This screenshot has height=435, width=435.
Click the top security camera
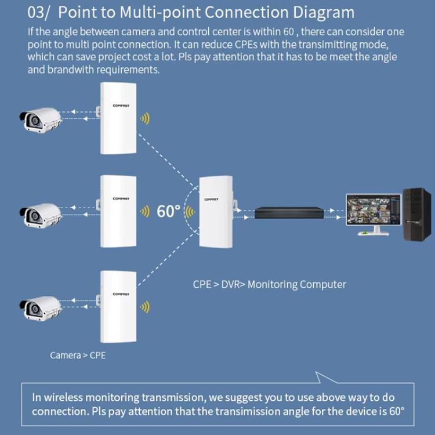[41, 119]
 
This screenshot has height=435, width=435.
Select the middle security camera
[41, 214]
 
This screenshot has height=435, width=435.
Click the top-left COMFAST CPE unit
[118, 118]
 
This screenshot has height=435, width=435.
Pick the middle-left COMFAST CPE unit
[118, 211]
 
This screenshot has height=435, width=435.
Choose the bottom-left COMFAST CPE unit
[118, 307]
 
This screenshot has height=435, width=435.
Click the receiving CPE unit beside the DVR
[215, 212]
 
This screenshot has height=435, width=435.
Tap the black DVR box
[289, 212]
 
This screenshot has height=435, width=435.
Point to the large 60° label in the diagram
[168, 212]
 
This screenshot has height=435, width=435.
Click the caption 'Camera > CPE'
[78, 355]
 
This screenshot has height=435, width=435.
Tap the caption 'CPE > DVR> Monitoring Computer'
[269, 284]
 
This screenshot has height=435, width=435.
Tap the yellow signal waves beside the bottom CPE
[144, 307]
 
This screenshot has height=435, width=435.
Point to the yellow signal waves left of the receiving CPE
[190, 212]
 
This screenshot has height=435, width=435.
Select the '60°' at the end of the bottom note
[396, 411]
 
